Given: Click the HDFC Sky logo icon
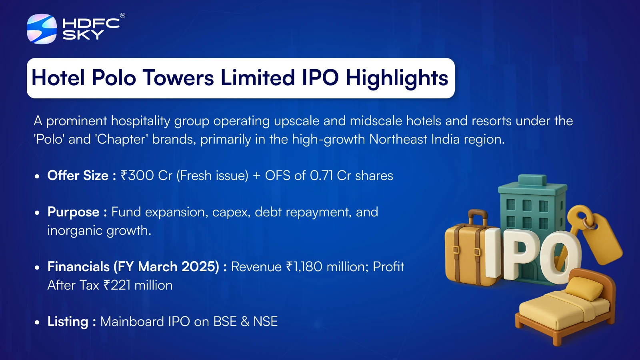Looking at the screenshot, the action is point(42,29).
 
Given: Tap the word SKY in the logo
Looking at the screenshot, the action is point(83,35).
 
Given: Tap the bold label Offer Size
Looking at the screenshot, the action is point(78,176).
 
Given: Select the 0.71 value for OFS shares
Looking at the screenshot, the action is point(322,176).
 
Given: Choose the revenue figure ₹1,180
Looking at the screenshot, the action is point(304,267).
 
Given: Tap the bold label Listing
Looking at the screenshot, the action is point(68,322).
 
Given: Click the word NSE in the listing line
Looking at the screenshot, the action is point(266,322).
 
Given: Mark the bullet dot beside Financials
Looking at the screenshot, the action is point(37,268).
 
